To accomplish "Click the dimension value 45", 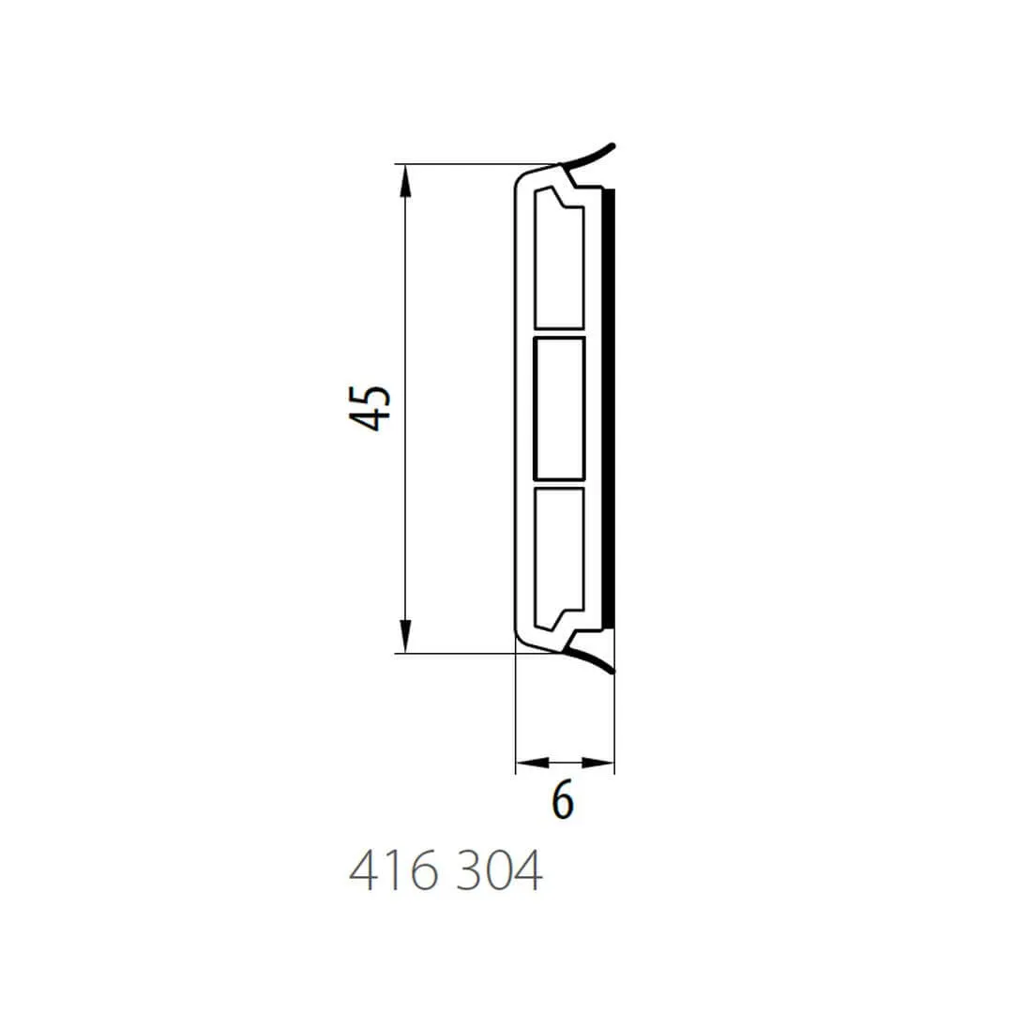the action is pos(370,408).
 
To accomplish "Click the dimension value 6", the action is pos(563,800).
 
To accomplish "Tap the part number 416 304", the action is pos(446,870).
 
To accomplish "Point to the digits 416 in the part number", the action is pos(393,870).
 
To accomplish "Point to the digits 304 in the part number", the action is pos(499,870).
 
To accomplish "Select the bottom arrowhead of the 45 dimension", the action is pos(405,636).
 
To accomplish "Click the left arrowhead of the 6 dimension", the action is pos(533,763).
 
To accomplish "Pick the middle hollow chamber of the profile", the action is pos(559,408).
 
